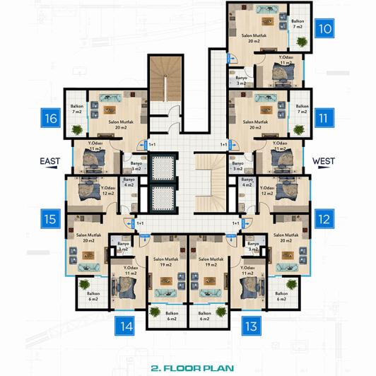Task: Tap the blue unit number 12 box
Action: coord(325,219)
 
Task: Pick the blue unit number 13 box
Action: coord(251,326)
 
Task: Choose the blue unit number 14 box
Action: coord(126,326)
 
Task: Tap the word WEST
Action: coord(323,161)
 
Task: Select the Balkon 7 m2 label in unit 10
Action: coord(298,23)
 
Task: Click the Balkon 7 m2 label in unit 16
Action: coord(77,110)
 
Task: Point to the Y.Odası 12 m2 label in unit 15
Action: coord(88,190)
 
